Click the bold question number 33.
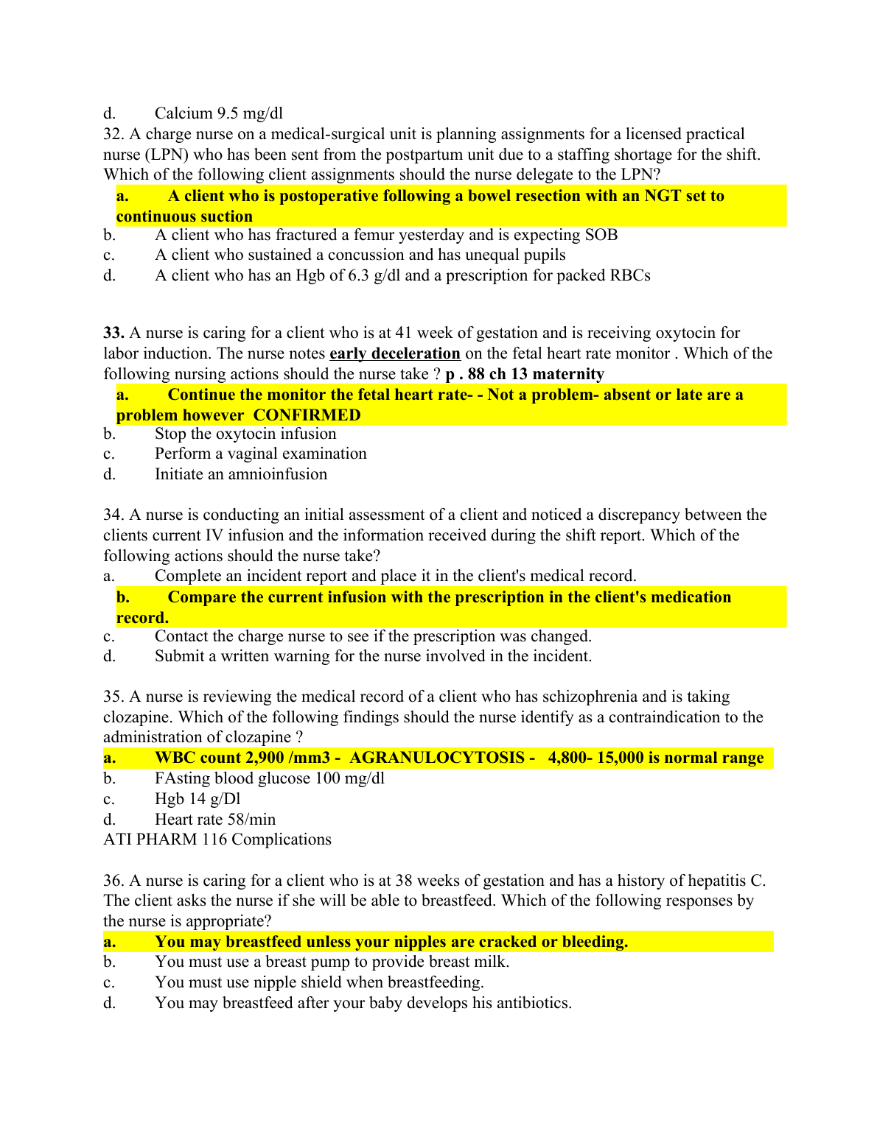(113, 333)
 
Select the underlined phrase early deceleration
(394, 353)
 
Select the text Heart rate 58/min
(214, 820)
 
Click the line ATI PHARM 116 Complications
(217, 839)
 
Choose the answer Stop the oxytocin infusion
(245, 434)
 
